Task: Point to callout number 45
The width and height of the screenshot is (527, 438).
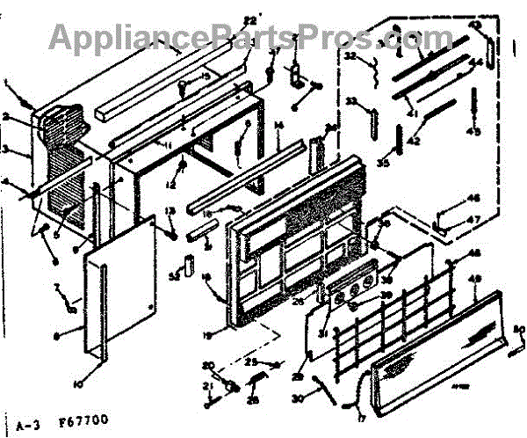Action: pyautogui.click(x=474, y=131)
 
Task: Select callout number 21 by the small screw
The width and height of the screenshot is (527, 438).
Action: pyautogui.click(x=209, y=386)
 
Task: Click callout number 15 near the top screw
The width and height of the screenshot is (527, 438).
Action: pyautogui.click(x=206, y=77)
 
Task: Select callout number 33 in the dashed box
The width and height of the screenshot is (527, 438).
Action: pyautogui.click(x=351, y=103)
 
